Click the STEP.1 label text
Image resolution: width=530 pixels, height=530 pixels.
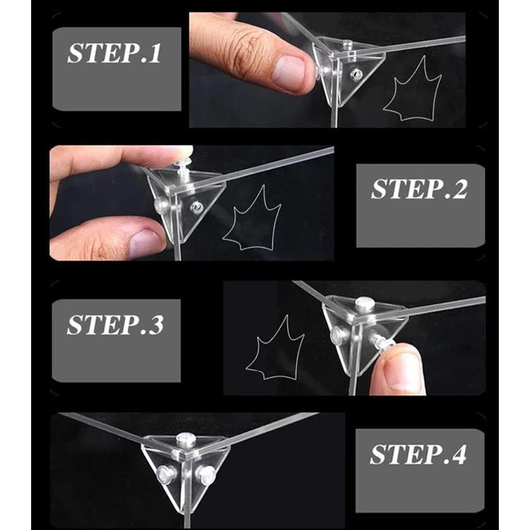coord(115,53)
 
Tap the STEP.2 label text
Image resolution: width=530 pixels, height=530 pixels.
coord(419,189)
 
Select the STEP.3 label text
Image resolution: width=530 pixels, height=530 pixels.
coord(115,325)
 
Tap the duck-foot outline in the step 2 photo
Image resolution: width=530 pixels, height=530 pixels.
coord(252,220)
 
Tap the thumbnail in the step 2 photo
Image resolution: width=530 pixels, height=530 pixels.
coord(145,244)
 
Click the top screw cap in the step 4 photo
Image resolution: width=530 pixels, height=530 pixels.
coord(184,439)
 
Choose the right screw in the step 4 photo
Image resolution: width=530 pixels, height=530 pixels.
coord(207,473)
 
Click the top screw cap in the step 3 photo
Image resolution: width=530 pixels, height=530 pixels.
coord(363,303)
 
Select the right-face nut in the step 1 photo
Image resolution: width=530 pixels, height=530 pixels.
coord(355,74)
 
